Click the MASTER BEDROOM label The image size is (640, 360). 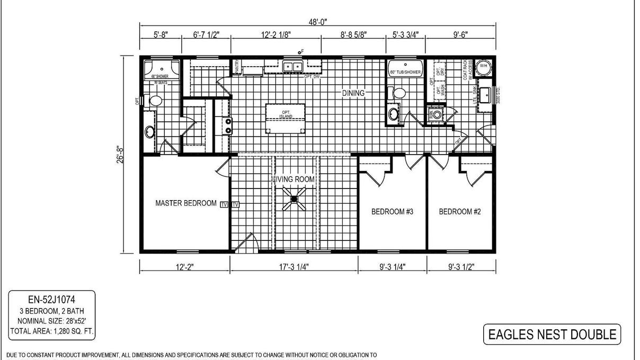pyautogui.click(x=185, y=203)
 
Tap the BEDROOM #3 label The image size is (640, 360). pyautogui.click(x=392, y=212)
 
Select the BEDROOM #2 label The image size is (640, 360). pyautogui.click(x=460, y=212)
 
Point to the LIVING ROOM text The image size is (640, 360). pyautogui.click(x=294, y=179)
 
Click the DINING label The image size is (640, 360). pyautogui.click(x=353, y=93)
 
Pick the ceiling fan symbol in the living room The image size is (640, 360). pyautogui.click(x=294, y=200)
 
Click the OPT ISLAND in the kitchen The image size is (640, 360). pyautogui.click(x=286, y=114)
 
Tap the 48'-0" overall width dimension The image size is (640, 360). pyautogui.click(x=318, y=22)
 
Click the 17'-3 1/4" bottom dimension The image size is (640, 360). pyautogui.click(x=294, y=267)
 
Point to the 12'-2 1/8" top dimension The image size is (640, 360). pyautogui.click(x=276, y=35)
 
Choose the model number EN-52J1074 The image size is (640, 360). pyautogui.click(x=52, y=300)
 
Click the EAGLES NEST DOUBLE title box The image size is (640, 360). pyautogui.click(x=552, y=335)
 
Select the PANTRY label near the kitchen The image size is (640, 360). pyautogui.click(x=237, y=67)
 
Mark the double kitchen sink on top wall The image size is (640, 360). pyautogui.click(x=292, y=67)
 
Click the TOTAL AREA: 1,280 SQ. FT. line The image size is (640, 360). pyautogui.click(x=52, y=331)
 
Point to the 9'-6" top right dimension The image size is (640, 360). pyautogui.click(x=460, y=35)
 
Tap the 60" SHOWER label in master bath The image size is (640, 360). pyautogui.click(x=159, y=77)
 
